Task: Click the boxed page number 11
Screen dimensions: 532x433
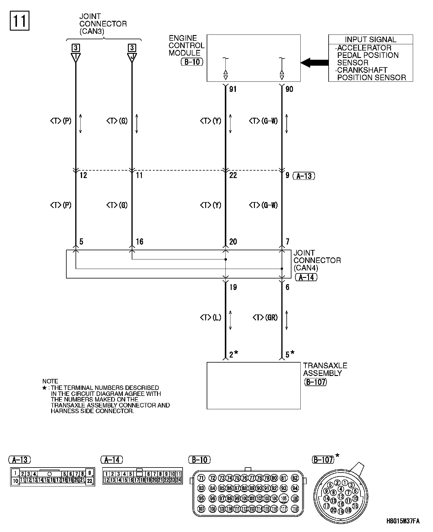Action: coord(20,21)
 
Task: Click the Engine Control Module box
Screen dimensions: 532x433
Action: coord(253,58)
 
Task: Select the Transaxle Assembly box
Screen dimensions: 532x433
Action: coord(253,385)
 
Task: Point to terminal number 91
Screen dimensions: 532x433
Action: coord(233,89)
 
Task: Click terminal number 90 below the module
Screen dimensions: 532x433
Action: coord(289,89)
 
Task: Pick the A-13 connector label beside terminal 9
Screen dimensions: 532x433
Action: coord(304,176)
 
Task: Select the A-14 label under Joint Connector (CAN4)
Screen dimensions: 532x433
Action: coord(306,277)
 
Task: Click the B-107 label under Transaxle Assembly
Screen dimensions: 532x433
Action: coord(316,382)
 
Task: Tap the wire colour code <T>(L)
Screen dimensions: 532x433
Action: coord(211,318)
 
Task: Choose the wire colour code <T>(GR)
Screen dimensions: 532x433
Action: coord(265,318)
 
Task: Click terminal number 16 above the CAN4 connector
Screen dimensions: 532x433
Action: coord(139,242)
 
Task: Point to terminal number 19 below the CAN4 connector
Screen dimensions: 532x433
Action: coord(233,287)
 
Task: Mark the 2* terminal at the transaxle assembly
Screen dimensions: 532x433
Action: coord(233,354)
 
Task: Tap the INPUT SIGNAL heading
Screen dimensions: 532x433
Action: coord(371,40)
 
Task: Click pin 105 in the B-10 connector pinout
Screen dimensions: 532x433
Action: coord(284,498)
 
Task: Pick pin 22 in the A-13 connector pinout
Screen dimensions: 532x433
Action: coord(90,481)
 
